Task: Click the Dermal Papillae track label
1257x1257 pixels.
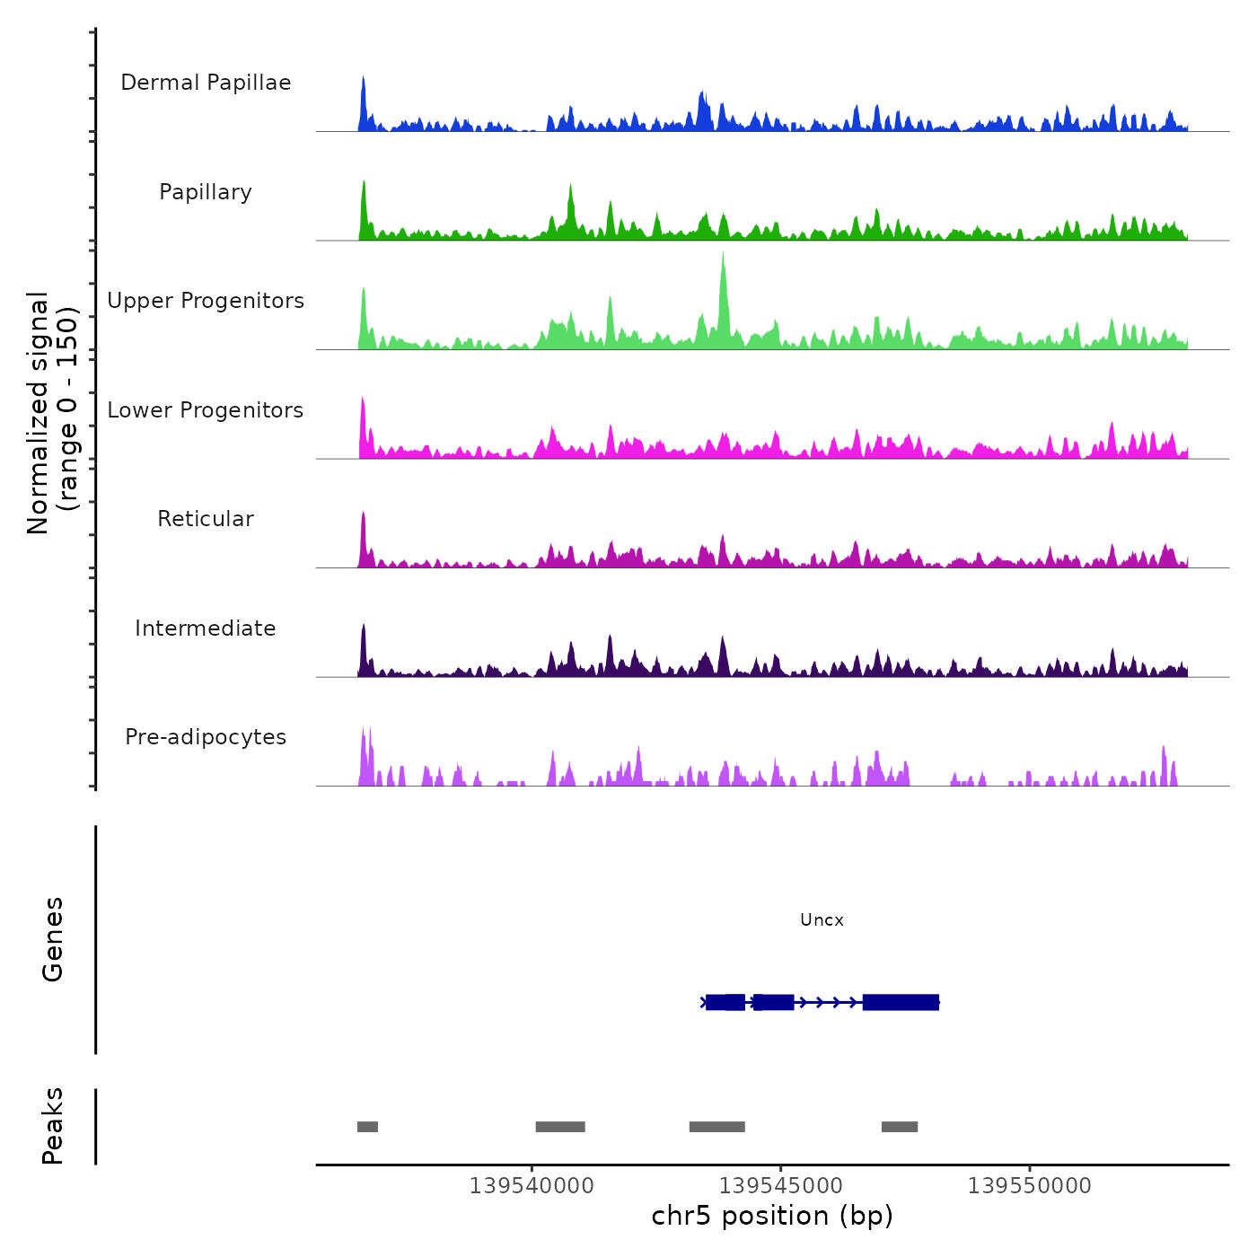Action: [206, 83]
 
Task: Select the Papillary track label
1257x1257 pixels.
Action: [206, 192]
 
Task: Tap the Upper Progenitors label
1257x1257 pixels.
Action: [206, 301]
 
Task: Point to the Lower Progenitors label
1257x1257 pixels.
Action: [206, 410]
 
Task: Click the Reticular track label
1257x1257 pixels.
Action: [206, 519]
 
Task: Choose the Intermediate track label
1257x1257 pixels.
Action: [206, 628]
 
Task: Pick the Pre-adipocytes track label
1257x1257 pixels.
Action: [206, 737]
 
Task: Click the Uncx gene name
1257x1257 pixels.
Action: [822, 920]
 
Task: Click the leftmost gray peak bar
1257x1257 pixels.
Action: [367, 1127]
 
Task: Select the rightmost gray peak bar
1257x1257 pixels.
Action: [900, 1127]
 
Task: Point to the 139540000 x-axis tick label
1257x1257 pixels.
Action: [532, 1186]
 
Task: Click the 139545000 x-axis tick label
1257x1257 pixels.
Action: [781, 1186]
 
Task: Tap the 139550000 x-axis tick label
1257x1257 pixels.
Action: [1030, 1186]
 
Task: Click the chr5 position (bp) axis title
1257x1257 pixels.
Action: [772, 1216]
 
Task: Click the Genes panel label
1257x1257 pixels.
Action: [53, 939]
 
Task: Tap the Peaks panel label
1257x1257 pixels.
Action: [53, 1126]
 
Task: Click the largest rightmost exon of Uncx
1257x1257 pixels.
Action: [901, 1002]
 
